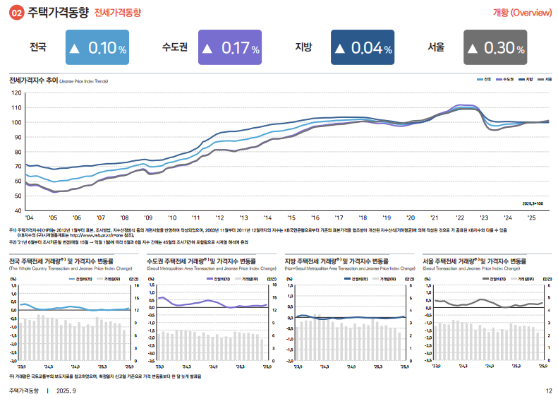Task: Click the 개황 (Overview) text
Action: click(522, 13)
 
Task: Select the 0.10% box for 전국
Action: click(97, 48)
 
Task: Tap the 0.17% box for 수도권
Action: click(230, 48)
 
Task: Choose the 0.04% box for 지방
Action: click(363, 48)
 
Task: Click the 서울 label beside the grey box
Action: click(436, 48)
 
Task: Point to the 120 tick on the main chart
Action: click(17, 93)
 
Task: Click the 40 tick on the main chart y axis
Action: click(18, 210)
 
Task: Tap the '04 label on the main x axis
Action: click(29, 218)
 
